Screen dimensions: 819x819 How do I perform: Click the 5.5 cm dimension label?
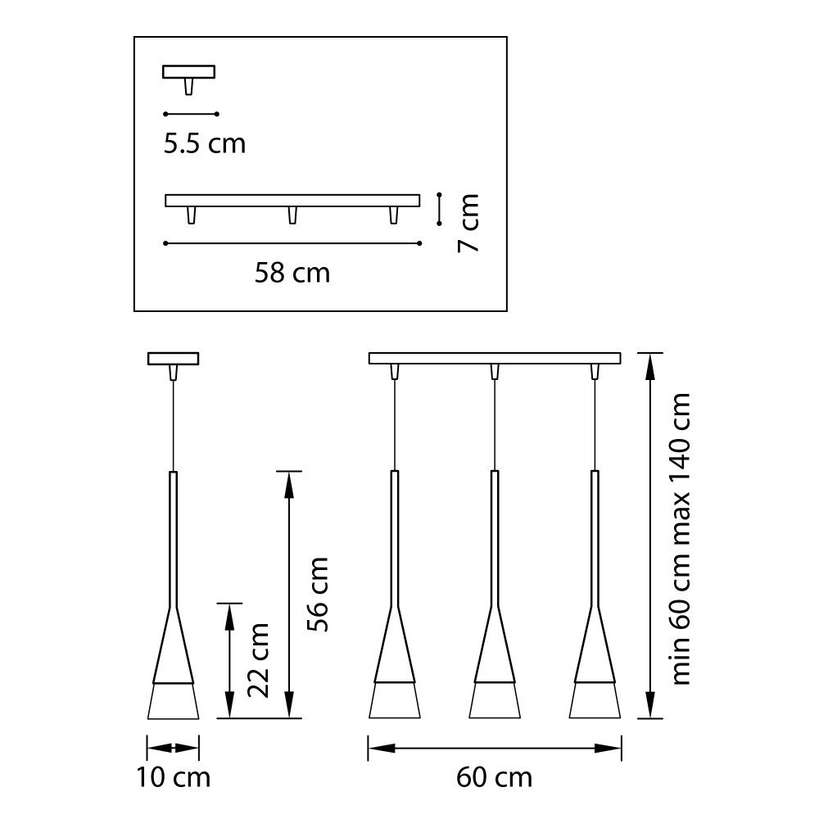pos(204,143)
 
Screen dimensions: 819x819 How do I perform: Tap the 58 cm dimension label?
pos(292,272)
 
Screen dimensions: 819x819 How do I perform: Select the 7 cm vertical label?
pos(467,223)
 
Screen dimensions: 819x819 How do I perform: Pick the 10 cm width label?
pos(173,776)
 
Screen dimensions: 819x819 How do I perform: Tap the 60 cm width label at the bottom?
pos(494,776)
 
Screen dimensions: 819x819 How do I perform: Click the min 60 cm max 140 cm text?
pos(681,538)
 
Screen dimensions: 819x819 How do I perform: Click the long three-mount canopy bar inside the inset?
pos(292,200)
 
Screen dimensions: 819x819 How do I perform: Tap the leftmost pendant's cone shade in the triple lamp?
pos(396,655)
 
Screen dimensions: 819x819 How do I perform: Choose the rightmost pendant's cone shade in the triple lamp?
pos(595,655)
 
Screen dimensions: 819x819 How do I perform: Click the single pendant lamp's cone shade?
pos(173,655)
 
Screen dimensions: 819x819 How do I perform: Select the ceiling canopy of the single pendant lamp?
pos(173,358)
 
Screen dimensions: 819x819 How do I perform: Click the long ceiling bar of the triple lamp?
pos(494,358)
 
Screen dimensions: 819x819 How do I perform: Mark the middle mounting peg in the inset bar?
pos(292,215)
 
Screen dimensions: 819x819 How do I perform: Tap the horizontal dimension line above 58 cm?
pos(292,243)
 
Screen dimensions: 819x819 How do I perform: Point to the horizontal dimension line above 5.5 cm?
pos(191,113)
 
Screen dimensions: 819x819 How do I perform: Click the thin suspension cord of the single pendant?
pos(173,426)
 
